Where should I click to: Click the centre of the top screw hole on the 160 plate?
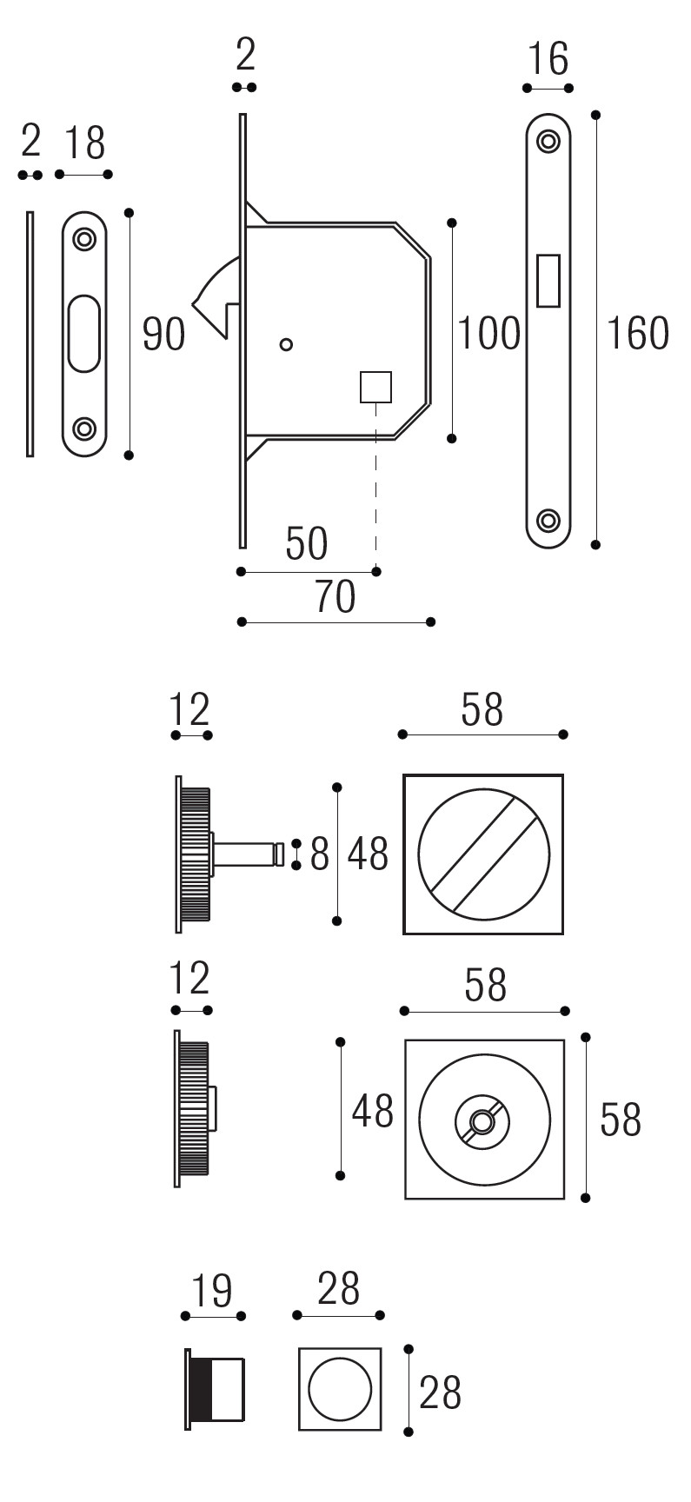click(548, 140)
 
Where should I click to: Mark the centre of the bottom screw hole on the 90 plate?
click(84, 428)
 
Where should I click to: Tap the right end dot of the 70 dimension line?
click(430, 621)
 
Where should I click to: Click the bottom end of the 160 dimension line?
click(595, 545)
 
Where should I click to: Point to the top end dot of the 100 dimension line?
click(452, 223)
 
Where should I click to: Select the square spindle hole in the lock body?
click(375, 386)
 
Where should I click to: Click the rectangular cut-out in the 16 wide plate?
click(548, 280)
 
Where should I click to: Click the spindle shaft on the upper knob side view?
click(246, 854)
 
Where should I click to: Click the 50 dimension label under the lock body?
click(307, 545)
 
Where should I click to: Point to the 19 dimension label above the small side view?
click(211, 1291)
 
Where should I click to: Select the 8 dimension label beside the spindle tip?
click(320, 854)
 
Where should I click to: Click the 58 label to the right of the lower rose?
click(621, 1120)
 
